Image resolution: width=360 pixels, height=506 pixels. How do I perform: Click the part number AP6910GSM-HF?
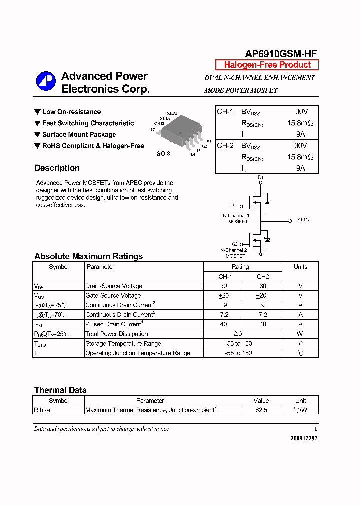pos(281,54)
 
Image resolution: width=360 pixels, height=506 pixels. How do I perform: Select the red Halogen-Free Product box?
pos(267,65)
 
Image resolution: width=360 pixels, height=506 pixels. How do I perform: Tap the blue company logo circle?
pos(46,81)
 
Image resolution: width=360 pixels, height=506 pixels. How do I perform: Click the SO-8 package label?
pos(163,154)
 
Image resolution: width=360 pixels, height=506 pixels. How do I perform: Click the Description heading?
pos(57,168)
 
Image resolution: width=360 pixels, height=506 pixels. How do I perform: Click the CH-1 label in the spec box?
pos(225,112)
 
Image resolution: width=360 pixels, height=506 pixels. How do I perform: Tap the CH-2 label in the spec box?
pos(225,146)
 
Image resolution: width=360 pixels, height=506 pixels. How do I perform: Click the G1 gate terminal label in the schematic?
pos(233,205)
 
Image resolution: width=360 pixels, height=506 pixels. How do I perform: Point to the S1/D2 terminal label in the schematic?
pos(303,220)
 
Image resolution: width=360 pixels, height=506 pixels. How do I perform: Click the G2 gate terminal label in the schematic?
pos(234,244)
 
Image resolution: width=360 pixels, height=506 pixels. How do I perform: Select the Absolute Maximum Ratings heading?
pos(88,256)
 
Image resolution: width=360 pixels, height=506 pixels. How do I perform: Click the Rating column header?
pos(240,267)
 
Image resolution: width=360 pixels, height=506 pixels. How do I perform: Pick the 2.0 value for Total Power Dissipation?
pos(237,334)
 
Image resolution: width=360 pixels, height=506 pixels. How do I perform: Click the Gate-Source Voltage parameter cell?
pos(113,296)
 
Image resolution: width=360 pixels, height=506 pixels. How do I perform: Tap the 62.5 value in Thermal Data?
pos(261,410)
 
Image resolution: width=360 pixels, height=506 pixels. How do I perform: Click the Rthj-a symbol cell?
pos(42,410)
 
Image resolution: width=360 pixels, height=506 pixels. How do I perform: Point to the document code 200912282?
pos(303,438)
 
